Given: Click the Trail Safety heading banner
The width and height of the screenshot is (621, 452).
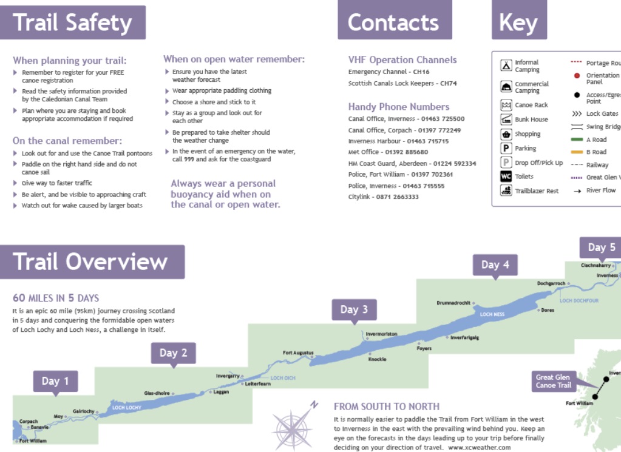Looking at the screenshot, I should [72, 23].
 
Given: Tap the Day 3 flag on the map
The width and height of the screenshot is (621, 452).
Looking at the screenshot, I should [354, 309].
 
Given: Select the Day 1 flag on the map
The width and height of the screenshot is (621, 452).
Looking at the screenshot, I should [55, 381].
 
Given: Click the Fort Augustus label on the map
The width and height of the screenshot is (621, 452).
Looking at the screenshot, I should [298, 352].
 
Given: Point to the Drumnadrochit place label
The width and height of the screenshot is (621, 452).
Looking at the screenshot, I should [453, 303].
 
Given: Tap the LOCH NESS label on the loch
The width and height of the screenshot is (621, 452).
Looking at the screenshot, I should [492, 314].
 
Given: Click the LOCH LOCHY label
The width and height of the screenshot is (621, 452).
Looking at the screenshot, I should [127, 408].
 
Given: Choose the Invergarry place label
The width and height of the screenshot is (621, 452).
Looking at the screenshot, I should [228, 376].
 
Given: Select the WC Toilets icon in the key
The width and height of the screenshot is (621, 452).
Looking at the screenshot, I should [506, 177].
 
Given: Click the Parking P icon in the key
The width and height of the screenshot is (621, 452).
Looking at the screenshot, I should [506, 148].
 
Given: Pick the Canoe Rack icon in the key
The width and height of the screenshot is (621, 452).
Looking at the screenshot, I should [506, 105].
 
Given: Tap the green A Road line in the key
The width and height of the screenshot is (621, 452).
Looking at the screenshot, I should [577, 140].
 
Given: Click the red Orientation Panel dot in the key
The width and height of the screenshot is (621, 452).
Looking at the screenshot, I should [577, 76].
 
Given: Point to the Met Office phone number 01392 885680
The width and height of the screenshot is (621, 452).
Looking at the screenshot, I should [407, 152].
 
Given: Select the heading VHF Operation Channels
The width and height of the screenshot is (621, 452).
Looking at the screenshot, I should [402, 60].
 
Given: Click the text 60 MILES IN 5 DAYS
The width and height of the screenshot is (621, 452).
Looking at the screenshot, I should [56, 298].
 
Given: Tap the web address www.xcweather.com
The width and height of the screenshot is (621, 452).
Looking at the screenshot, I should [480, 447].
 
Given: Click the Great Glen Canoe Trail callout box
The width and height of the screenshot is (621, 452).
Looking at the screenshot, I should [553, 381].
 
